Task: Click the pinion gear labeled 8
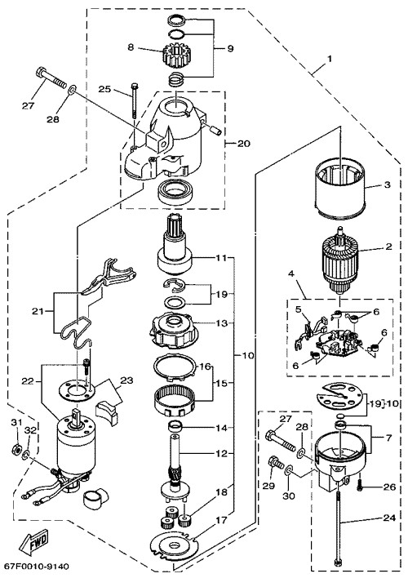[x=172, y=54]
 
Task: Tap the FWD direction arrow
[x=34, y=542]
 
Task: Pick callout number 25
[x=104, y=89]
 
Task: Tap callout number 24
[x=389, y=518]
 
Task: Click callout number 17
[x=221, y=521]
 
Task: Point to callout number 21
[x=38, y=312]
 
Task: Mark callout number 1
[x=330, y=59]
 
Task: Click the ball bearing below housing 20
[x=175, y=193]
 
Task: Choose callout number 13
[x=221, y=323]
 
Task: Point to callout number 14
[x=221, y=428]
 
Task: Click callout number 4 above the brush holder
[x=291, y=273]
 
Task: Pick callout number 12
[x=221, y=453]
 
